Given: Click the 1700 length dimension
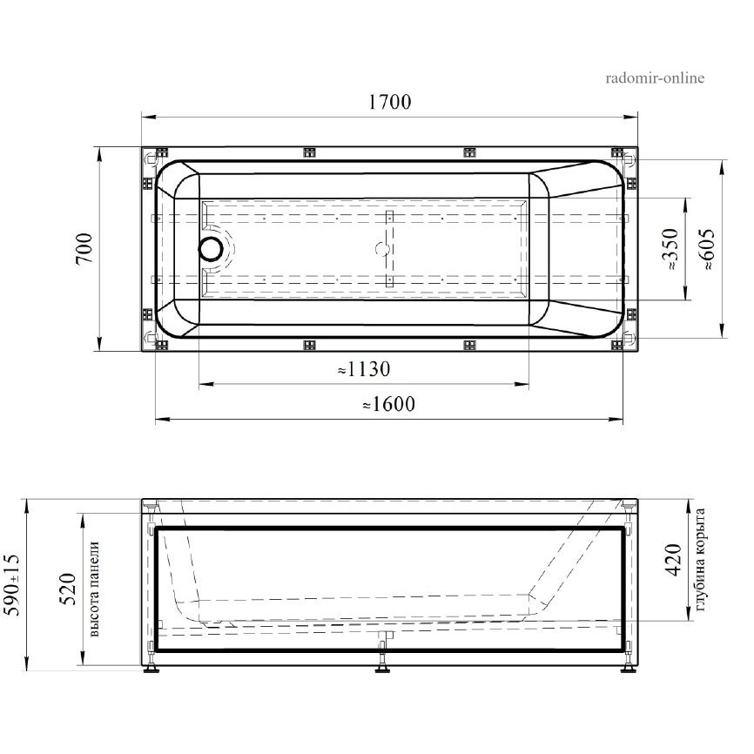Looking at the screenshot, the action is tap(389, 102).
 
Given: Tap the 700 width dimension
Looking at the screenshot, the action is tap(84, 248).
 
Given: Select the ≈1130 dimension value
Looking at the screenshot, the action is tap(364, 369).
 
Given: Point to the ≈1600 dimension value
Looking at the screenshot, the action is tap(388, 404).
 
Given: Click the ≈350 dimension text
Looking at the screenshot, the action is tap(670, 249).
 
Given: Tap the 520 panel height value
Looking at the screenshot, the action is tap(68, 589).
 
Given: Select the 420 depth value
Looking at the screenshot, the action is tap(674, 560).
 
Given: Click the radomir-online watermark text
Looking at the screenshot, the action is tap(655, 77).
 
